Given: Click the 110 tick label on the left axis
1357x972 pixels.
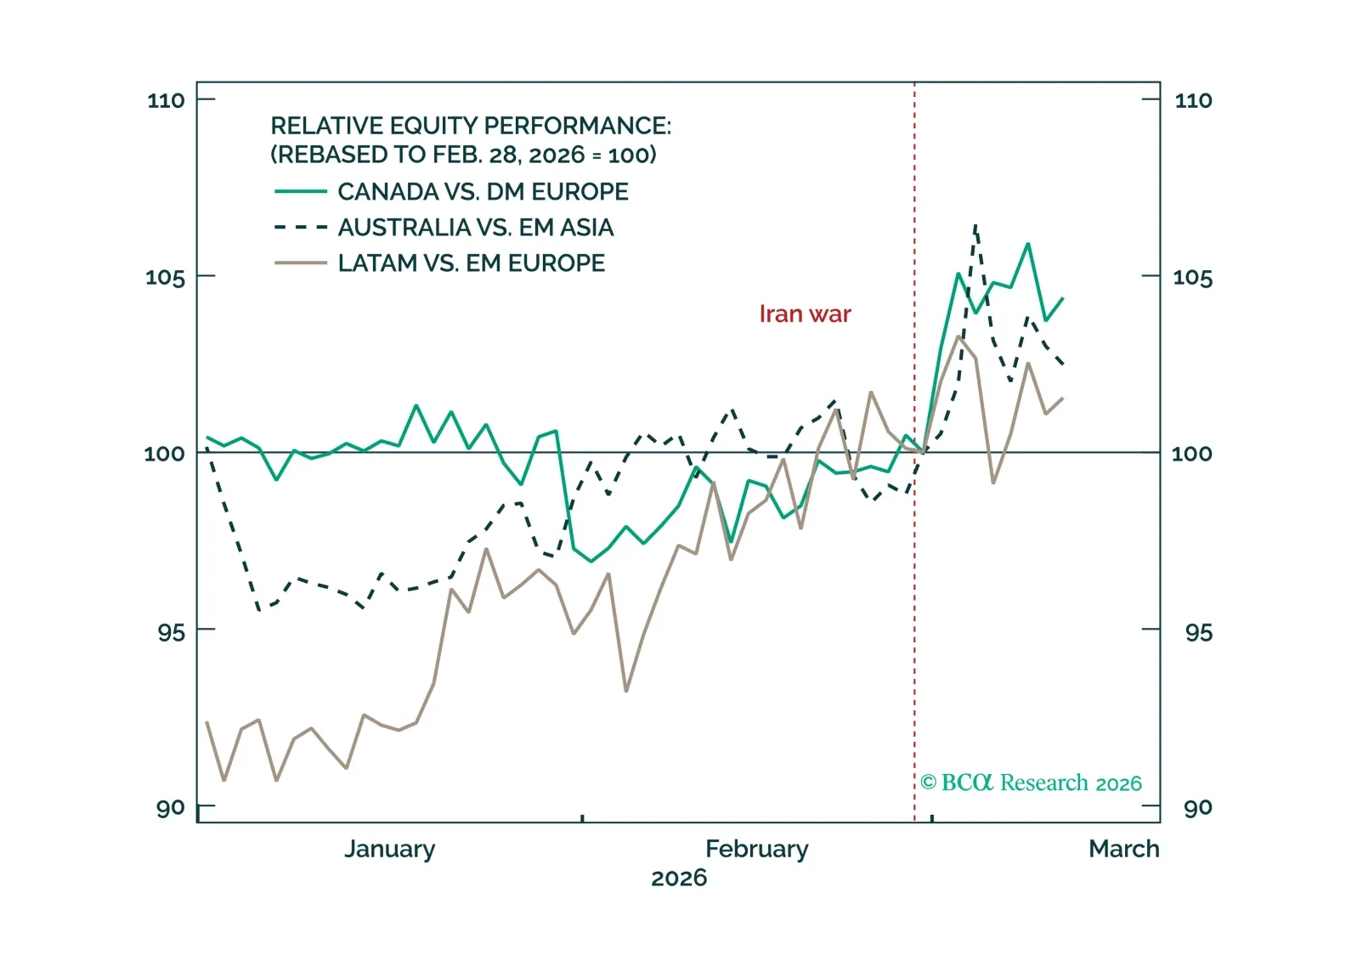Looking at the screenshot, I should pos(166,100).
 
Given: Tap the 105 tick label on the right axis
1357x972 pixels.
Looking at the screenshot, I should pos(1192,277).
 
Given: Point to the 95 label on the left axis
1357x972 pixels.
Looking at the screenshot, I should pos(171,631).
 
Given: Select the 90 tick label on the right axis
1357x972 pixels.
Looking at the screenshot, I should pos(1197,807).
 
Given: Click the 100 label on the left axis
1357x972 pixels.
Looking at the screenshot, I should pos(164,453).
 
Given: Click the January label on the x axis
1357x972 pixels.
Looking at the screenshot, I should pos(389,849).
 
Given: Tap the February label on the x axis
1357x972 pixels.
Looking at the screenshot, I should pos(756,849).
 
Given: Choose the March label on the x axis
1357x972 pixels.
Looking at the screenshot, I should pos(1123,849).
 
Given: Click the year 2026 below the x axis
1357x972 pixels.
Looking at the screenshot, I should pos(678,878).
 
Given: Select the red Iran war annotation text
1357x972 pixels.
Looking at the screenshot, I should pos(805,314).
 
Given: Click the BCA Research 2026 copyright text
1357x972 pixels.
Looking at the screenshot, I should pos(1031,783).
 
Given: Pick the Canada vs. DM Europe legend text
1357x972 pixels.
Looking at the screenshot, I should pos(483,192).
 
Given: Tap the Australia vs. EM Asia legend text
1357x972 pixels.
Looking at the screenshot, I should pos(475,228).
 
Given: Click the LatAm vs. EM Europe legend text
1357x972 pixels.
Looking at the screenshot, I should pos(471,263).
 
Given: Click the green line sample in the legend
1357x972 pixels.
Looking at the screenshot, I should pos(301,192).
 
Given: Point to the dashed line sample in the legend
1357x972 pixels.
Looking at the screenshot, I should pos(301,228).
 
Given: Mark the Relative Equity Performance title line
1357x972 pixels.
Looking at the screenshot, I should pos(470,126).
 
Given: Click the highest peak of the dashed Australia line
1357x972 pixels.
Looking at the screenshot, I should pos(975,226).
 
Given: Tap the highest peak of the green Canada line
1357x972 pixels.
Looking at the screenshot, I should pos(1028,245).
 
